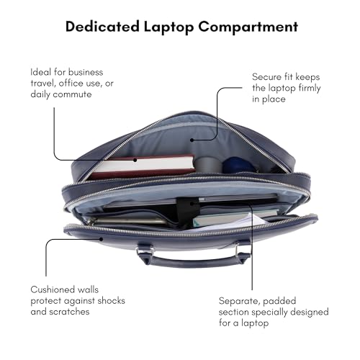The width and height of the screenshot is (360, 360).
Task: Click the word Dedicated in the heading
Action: click(102, 27)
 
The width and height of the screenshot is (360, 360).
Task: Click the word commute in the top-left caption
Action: click(72, 94)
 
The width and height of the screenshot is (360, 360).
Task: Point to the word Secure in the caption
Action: click(266, 77)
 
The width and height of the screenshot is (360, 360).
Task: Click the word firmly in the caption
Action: click(310, 89)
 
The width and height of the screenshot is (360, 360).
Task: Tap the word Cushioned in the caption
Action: click(53, 289)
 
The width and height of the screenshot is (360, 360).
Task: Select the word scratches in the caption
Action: click(69, 312)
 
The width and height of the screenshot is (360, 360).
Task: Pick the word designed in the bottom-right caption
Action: click(310, 312)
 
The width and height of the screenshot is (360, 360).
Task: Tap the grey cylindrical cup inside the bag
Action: click(208, 164)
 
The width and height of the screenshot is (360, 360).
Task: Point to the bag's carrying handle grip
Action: click(193, 262)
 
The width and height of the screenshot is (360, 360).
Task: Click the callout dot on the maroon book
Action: click(135, 160)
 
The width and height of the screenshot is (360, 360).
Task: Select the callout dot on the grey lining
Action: click(192, 140)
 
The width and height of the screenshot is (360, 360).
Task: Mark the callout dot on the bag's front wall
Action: click(102, 239)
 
